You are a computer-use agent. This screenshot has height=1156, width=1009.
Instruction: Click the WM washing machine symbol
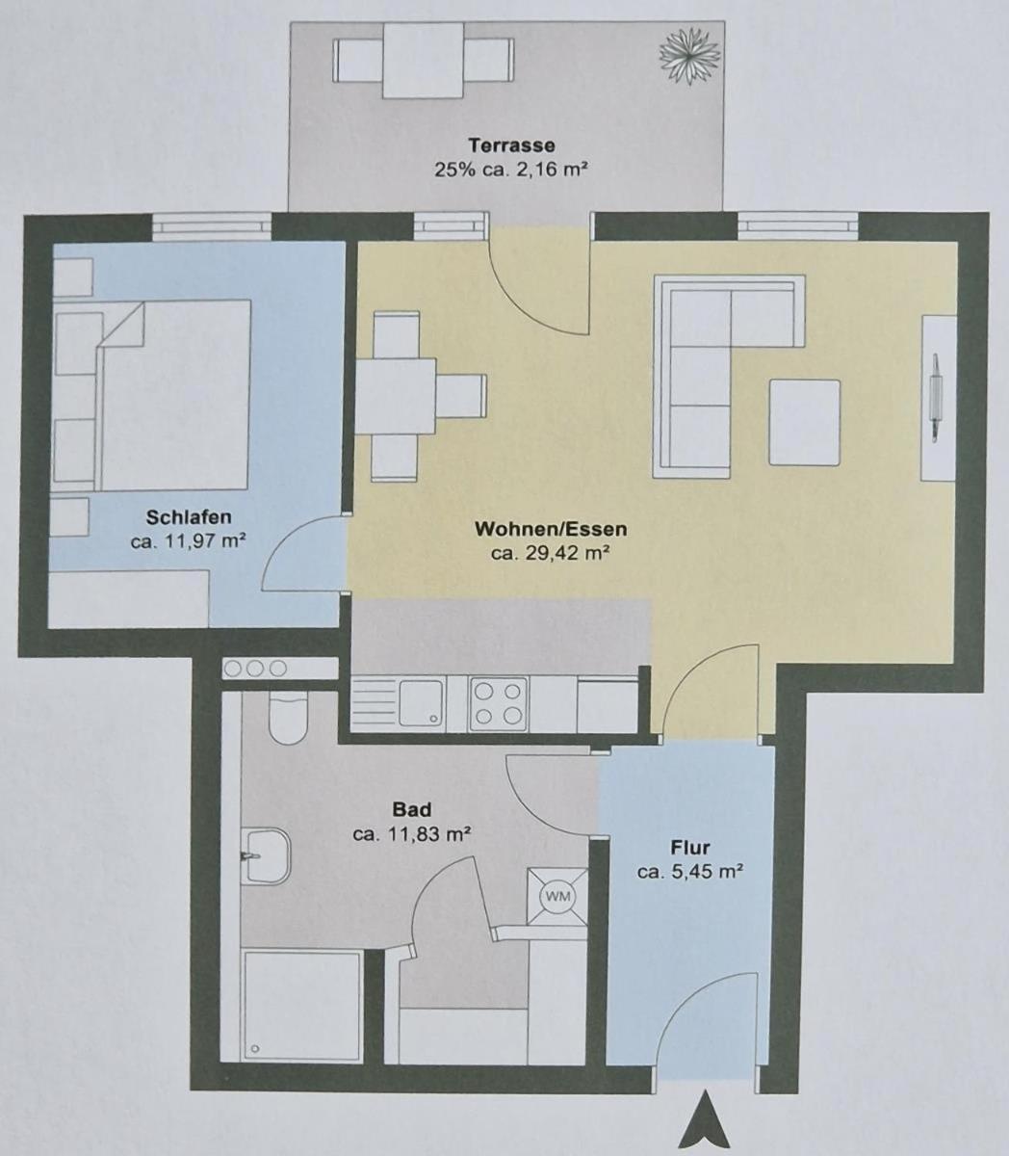point(557,896)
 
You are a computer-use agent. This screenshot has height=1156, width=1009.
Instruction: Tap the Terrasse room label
point(511,145)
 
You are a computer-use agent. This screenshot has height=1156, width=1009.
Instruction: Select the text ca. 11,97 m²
point(188,540)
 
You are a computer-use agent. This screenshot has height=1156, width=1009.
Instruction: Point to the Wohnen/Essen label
point(551,529)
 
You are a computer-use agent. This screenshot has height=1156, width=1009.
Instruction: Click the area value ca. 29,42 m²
point(550,553)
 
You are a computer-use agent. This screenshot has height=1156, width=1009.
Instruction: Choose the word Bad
point(412,809)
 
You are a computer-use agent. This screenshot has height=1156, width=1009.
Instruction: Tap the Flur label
point(690,848)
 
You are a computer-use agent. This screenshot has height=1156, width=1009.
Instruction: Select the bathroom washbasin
point(266,855)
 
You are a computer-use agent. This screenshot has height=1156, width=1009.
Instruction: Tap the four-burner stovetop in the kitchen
point(498,705)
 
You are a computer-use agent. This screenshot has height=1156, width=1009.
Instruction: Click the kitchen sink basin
point(421,703)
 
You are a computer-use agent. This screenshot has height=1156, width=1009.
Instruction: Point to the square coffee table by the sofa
point(805,423)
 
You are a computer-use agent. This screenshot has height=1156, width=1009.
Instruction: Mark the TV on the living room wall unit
point(936,398)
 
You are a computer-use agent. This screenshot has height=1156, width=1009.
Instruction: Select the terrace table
point(424,61)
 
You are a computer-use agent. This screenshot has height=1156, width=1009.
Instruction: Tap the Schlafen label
point(189,517)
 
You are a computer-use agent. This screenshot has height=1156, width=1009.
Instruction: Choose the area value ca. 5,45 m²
point(690,872)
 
